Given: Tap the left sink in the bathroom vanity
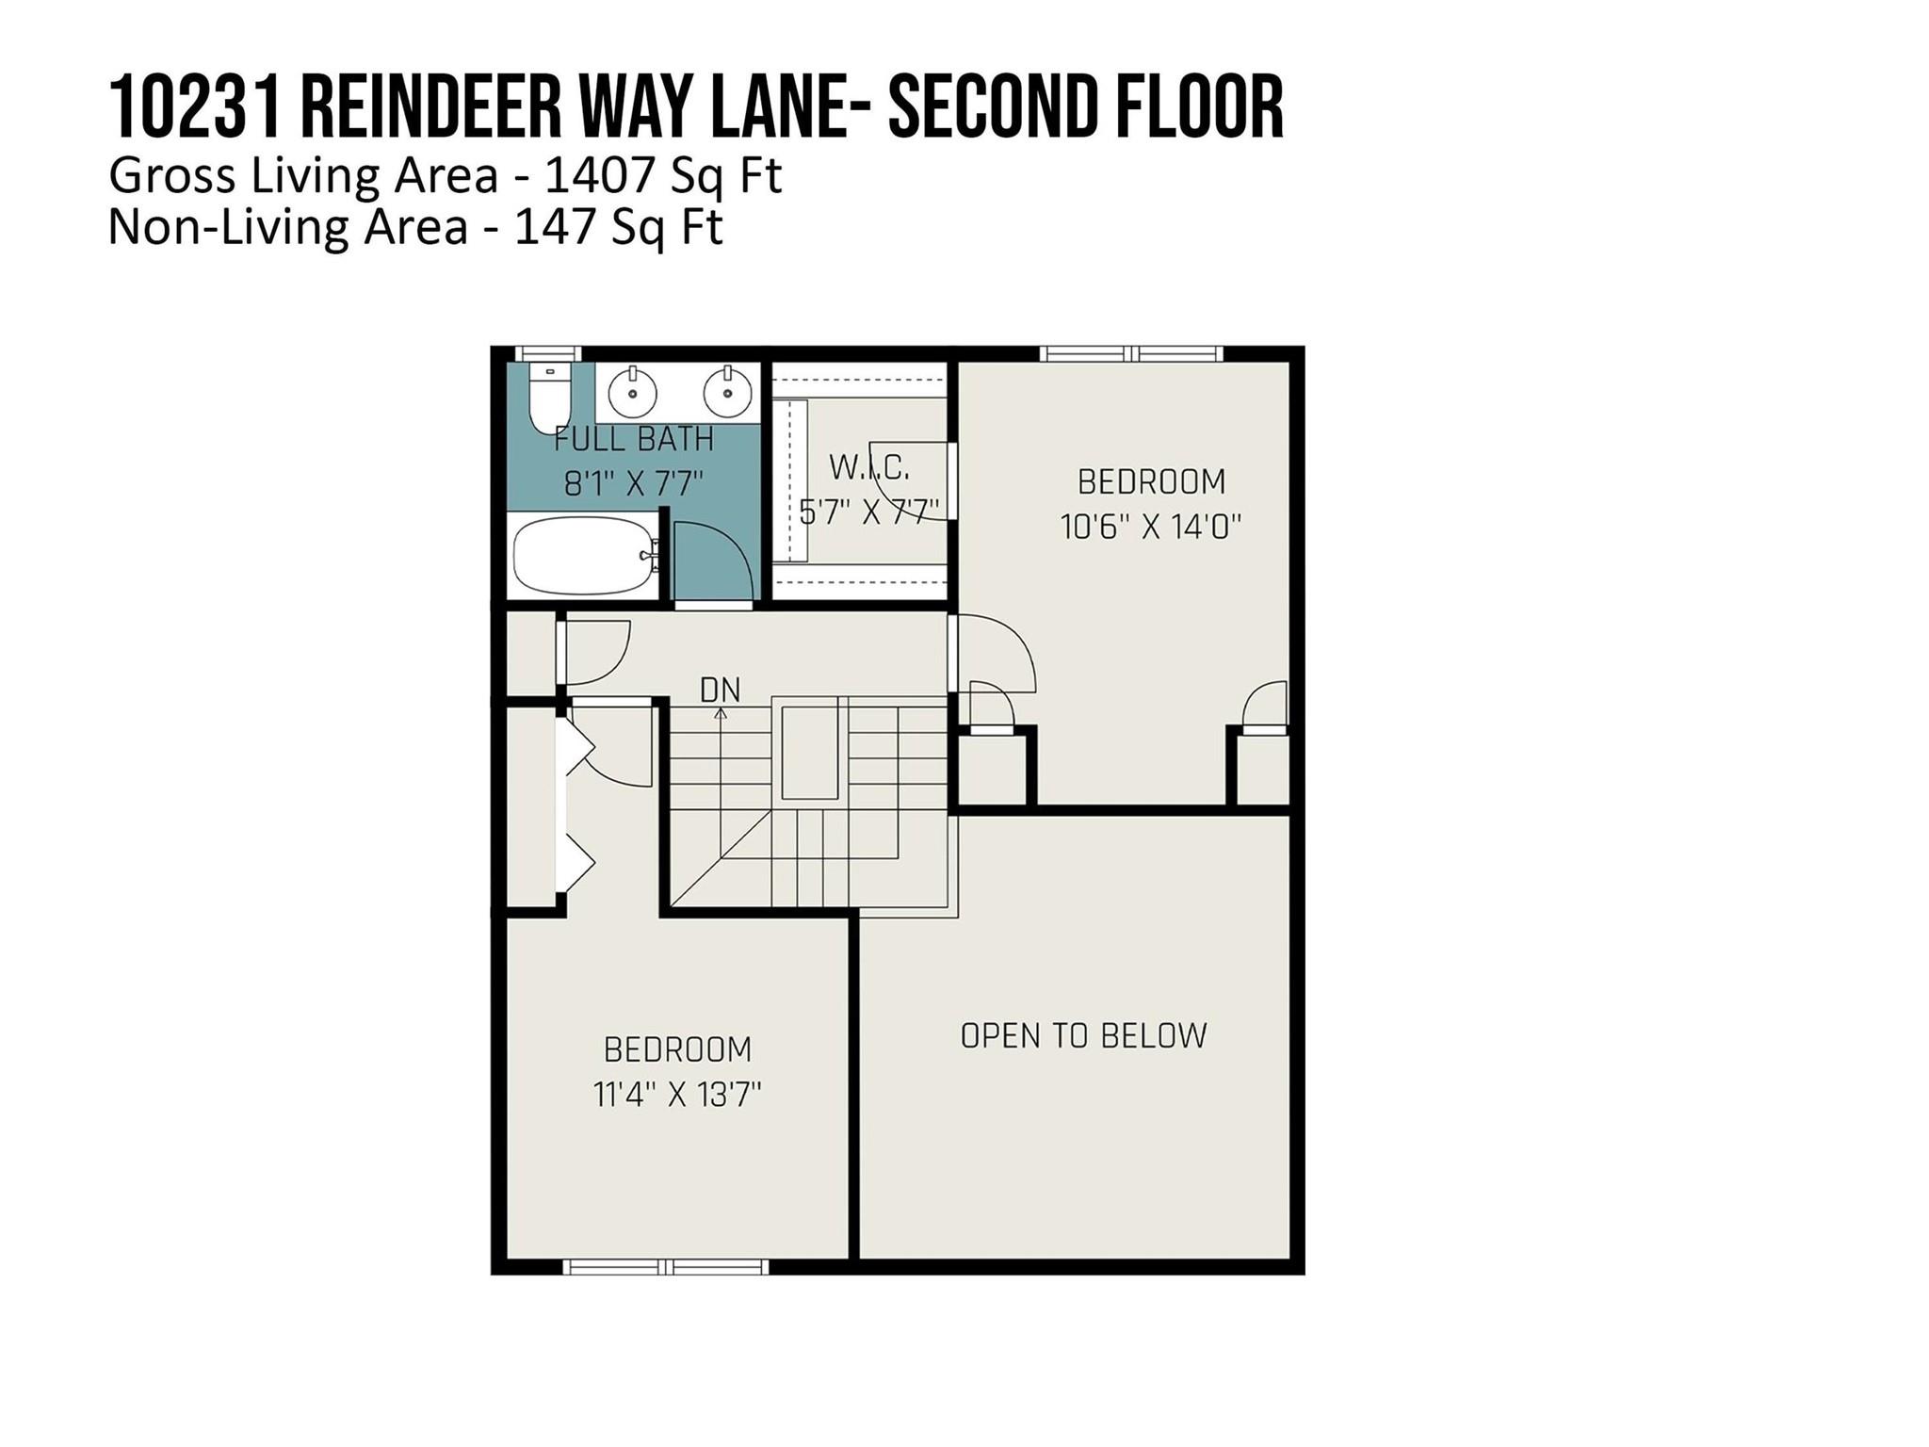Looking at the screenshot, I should [x=633, y=391].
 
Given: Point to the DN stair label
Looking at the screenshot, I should [x=720, y=691].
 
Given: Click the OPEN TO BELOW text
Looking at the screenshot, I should [x=1083, y=1036].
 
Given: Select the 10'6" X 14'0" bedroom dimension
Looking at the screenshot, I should [x=1151, y=527].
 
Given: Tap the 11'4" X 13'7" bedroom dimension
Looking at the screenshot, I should [x=677, y=1095].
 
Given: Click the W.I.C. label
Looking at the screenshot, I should [x=868, y=466].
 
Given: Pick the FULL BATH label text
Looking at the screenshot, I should [x=633, y=439].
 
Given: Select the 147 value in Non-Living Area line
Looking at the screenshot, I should [x=558, y=227].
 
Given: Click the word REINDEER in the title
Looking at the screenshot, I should [x=429, y=108].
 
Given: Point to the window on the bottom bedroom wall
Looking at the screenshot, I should [x=665, y=1267].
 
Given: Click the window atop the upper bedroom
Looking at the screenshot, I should [x=1131, y=354].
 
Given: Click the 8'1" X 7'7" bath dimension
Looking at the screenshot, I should [x=633, y=484].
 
